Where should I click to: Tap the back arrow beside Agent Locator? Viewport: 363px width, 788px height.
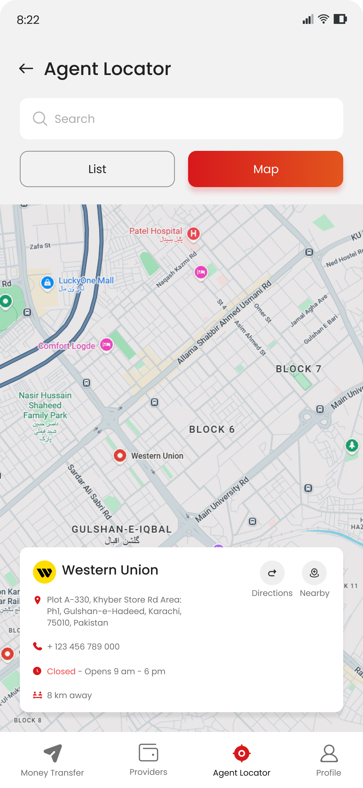[26, 68]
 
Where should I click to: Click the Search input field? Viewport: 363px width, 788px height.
[181, 119]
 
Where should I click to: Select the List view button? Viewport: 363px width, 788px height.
[97, 169]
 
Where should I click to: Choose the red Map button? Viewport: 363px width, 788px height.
[265, 169]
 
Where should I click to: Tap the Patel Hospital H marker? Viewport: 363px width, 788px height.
[193, 234]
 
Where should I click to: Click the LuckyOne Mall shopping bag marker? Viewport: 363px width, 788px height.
[48, 283]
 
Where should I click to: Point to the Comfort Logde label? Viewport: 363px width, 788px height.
[67, 346]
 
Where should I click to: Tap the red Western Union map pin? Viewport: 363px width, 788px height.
[120, 456]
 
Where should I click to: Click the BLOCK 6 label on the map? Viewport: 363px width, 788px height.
[212, 429]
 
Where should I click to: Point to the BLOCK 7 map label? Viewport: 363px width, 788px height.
[298, 369]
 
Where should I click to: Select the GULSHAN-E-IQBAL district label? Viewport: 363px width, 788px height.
[122, 529]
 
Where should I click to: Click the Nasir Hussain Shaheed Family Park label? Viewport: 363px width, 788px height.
[45, 405]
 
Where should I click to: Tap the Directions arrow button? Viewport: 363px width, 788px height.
[272, 573]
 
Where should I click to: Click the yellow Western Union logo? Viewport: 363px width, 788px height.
[44, 572]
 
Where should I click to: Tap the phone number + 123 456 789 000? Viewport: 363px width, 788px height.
[83, 647]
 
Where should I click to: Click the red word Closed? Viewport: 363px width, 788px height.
[61, 671]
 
